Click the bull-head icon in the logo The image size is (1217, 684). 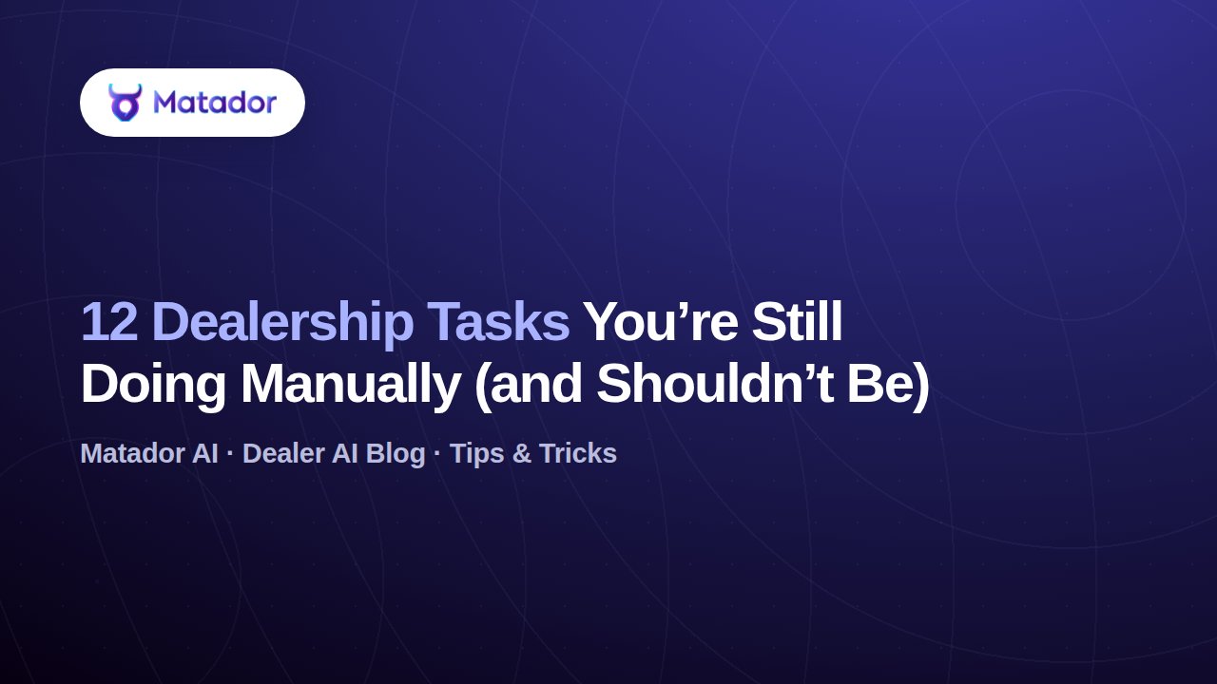(x=125, y=102)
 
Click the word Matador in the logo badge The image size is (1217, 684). (x=215, y=102)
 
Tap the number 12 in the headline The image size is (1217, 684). (x=109, y=322)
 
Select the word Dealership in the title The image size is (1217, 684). (x=283, y=325)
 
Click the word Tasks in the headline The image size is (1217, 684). (x=498, y=322)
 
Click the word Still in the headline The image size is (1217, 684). (x=797, y=321)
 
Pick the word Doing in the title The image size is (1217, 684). (x=153, y=387)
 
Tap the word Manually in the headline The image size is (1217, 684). (x=351, y=387)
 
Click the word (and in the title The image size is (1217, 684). (x=528, y=385)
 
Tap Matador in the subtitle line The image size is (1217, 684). (x=132, y=453)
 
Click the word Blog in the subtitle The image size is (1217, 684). (x=396, y=454)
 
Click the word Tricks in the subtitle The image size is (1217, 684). (x=578, y=453)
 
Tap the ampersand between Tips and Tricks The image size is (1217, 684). (x=522, y=454)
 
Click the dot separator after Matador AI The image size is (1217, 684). (x=230, y=452)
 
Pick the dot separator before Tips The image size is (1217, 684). (x=437, y=452)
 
